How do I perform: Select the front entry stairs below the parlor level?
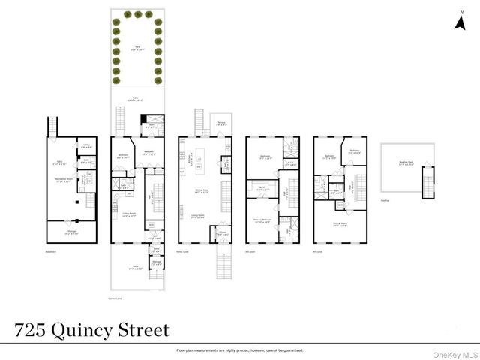tap(223, 264)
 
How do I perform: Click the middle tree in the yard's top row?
tap(137, 14)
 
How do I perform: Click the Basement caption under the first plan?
tap(50, 250)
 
